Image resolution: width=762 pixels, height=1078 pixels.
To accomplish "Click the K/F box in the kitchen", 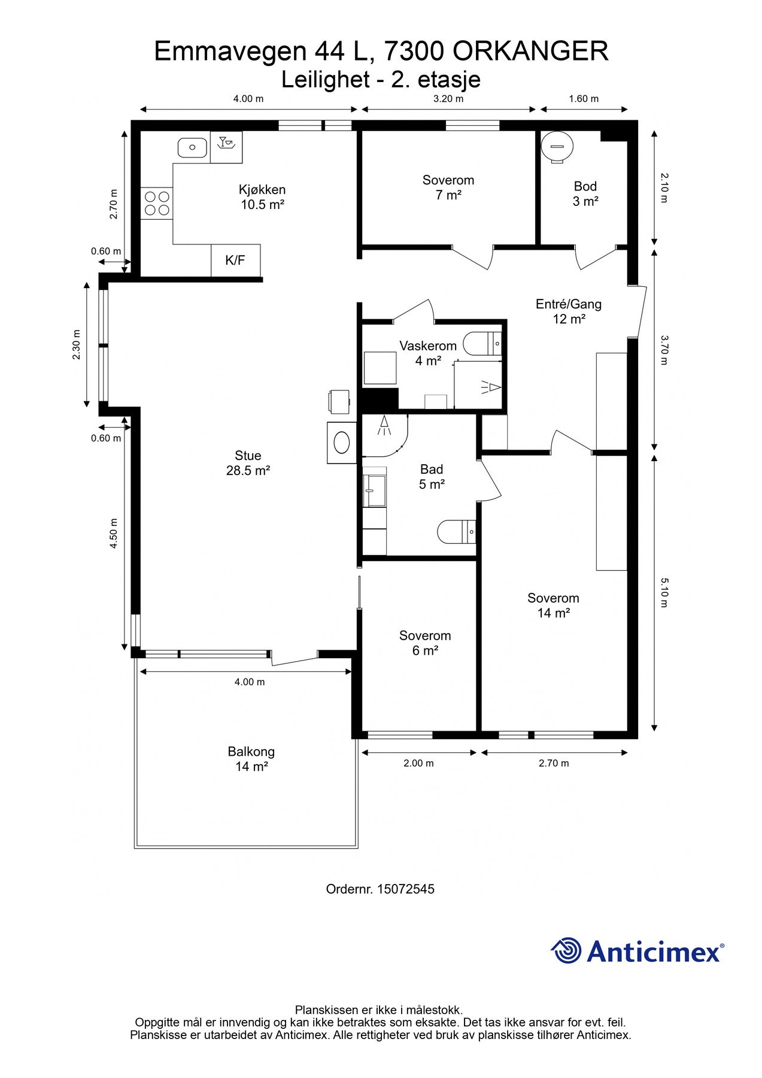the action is [236, 261].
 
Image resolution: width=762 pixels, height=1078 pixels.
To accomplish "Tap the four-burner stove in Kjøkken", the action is [157, 203].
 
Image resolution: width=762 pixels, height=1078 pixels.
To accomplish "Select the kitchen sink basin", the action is [192, 147].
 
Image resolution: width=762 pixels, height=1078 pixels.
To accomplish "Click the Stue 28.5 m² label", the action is [248, 463].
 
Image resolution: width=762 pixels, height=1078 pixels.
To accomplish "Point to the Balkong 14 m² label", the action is [251, 759].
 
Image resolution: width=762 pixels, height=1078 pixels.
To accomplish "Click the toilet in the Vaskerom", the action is [484, 343].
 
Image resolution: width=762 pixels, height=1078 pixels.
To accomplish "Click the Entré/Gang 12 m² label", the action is [569, 311].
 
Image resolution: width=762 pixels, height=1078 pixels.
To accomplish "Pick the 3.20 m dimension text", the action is [448, 99].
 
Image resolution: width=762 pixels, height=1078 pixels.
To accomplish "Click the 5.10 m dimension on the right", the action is [664, 592].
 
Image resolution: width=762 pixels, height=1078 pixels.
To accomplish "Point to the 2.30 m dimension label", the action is [76, 345].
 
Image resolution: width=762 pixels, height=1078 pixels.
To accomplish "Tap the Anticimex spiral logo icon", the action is [566, 950].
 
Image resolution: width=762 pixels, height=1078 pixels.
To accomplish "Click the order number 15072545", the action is [406, 889].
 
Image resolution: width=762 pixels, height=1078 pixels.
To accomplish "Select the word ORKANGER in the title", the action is [530, 52].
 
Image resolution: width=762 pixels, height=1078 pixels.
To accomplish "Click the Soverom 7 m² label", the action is [448, 187].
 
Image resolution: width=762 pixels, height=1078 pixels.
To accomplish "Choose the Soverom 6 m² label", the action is [425, 643].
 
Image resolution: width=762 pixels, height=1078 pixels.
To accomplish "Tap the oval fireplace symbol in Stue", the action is [342, 443].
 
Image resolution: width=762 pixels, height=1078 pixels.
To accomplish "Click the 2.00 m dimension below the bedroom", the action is [418, 764].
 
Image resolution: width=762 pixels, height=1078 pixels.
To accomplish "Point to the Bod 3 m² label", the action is [585, 194].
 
